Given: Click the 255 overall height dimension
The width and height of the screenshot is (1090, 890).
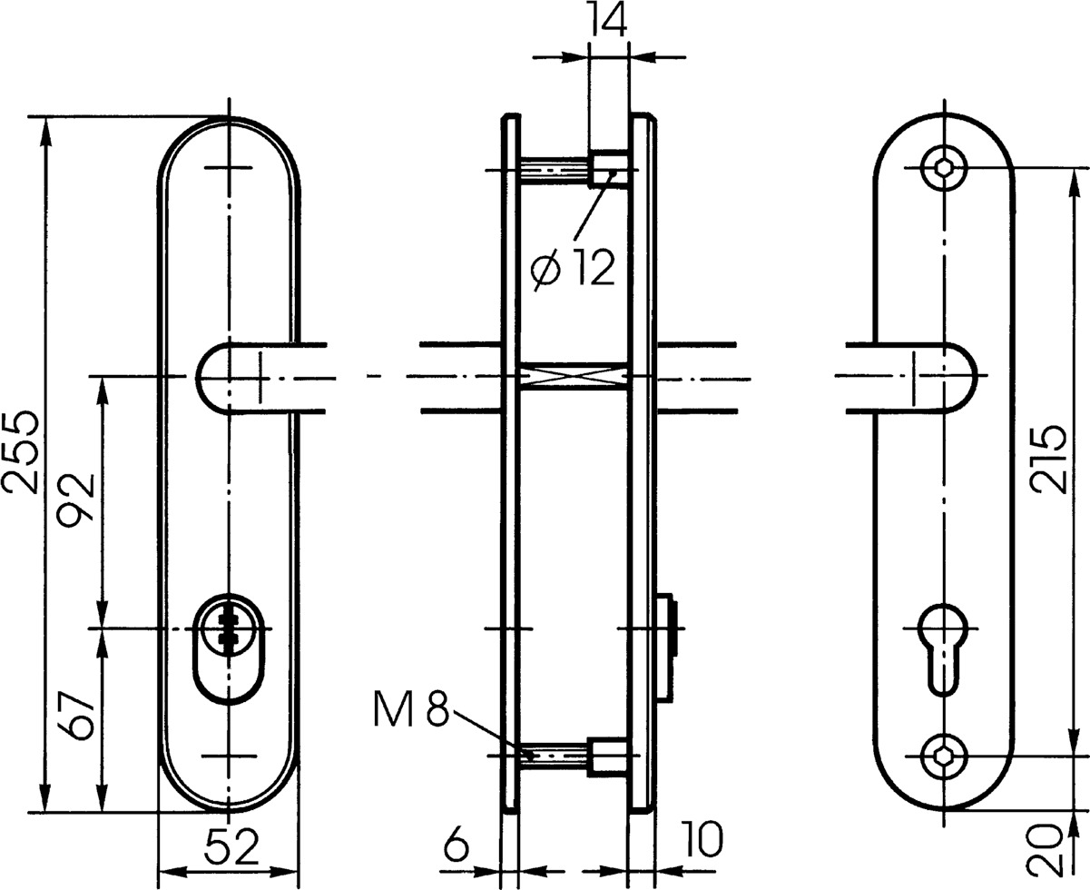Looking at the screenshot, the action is [21, 453].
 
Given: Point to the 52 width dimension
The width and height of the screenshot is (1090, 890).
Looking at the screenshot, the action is [231, 847].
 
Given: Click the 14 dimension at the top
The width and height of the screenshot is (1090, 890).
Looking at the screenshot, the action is [608, 20].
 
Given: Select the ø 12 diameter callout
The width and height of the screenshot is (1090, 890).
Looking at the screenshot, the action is [574, 267].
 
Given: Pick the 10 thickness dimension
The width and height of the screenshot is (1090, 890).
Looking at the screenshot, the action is [702, 839].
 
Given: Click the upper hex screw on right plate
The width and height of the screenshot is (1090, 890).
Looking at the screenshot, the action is [944, 167].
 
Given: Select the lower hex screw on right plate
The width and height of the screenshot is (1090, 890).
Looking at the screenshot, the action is [944, 756].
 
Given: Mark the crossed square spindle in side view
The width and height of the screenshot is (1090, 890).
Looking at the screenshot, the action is [573, 376].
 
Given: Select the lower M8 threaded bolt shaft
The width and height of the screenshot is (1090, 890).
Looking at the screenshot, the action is [554, 757].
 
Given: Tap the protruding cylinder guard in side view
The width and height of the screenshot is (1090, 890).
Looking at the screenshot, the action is [664, 649].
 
